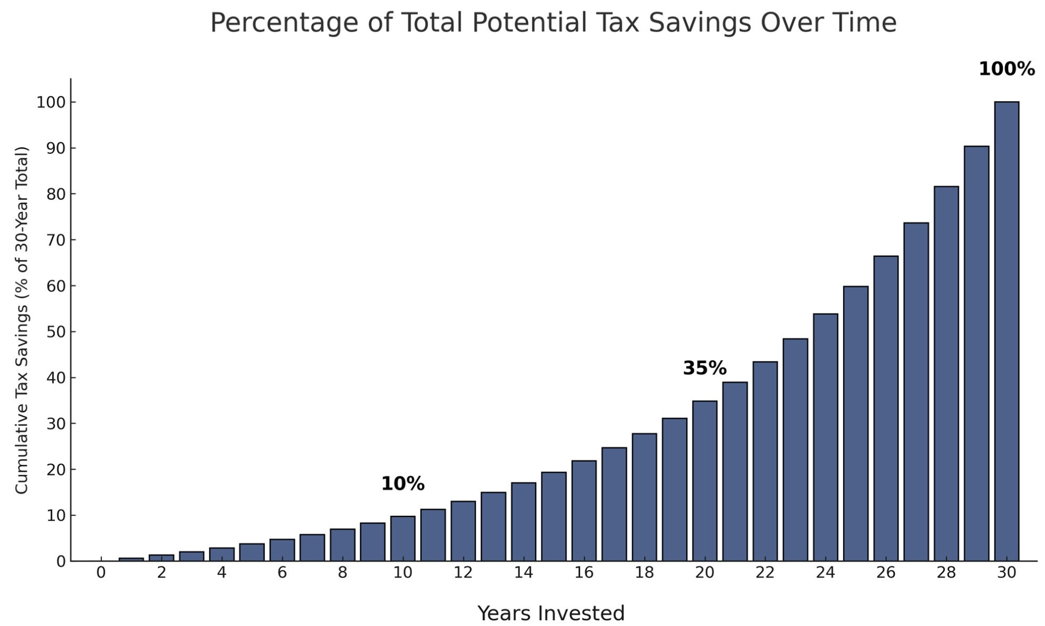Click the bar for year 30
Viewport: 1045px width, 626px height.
(1007, 332)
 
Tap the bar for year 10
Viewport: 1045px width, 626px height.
(403, 539)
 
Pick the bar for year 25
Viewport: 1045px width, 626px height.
(856, 424)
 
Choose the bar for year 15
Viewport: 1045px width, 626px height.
(554, 516)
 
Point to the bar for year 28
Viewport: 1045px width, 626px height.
(946, 374)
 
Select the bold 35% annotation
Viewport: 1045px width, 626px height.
(704, 368)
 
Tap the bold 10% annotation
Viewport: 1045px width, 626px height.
(402, 484)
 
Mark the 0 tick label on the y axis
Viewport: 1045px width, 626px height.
(61, 562)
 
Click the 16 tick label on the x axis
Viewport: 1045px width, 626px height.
(584, 573)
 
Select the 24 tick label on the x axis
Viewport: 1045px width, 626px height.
(825, 573)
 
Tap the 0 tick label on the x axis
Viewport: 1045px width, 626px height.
(101, 573)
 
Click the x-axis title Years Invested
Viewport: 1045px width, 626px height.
(551, 613)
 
